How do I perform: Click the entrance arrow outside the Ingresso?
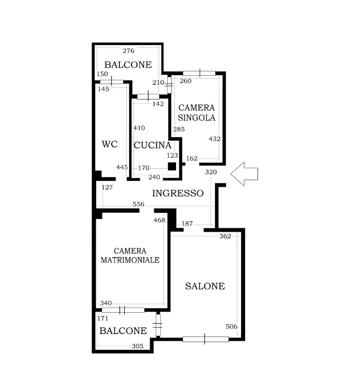(244, 174)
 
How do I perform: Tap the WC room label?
(110, 144)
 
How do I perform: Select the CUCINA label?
(152, 146)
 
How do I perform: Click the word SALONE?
(205, 286)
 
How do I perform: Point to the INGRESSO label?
(178, 193)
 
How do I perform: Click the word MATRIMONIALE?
(130, 260)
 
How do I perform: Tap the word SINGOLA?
(196, 117)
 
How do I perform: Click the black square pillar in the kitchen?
(172, 167)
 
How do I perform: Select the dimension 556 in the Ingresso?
(139, 204)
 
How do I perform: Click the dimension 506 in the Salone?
(232, 326)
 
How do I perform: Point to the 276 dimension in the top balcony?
(128, 51)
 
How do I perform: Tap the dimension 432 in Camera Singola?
(215, 139)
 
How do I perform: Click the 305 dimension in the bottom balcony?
(137, 346)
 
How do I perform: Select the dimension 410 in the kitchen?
(139, 128)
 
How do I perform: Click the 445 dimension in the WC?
(122, 167)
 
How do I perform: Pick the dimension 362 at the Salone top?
(225, 236)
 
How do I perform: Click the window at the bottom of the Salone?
(206, 339)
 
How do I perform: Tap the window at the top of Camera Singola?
(199, 73)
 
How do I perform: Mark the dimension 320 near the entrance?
(211, 172)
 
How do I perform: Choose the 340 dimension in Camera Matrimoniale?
(106, 303)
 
